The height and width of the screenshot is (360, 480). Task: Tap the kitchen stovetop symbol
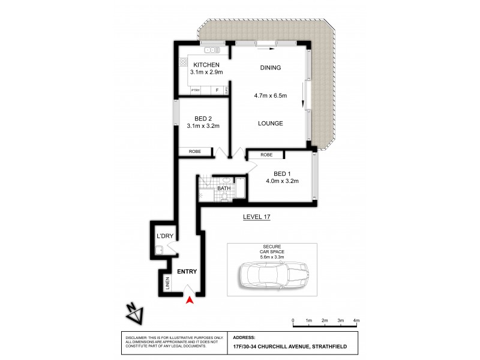tap(182, 62)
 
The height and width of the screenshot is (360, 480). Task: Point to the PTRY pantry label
tap(194, 91)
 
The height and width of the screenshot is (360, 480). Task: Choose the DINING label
tap(270, 68)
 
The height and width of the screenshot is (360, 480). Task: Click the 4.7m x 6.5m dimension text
tap(270, 95)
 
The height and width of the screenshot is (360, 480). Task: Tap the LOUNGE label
tap(270, 124)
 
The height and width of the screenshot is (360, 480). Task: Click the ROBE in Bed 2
tap(195, 152)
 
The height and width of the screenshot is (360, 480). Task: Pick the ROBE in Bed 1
tap(266, 155)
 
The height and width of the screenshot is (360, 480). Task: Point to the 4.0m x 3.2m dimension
tap(282, 181)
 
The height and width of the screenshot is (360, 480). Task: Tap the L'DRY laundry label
tap(164, 236)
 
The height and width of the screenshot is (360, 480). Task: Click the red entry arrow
tap(191, 301)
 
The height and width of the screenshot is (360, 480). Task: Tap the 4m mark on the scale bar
tap(356, 322)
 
